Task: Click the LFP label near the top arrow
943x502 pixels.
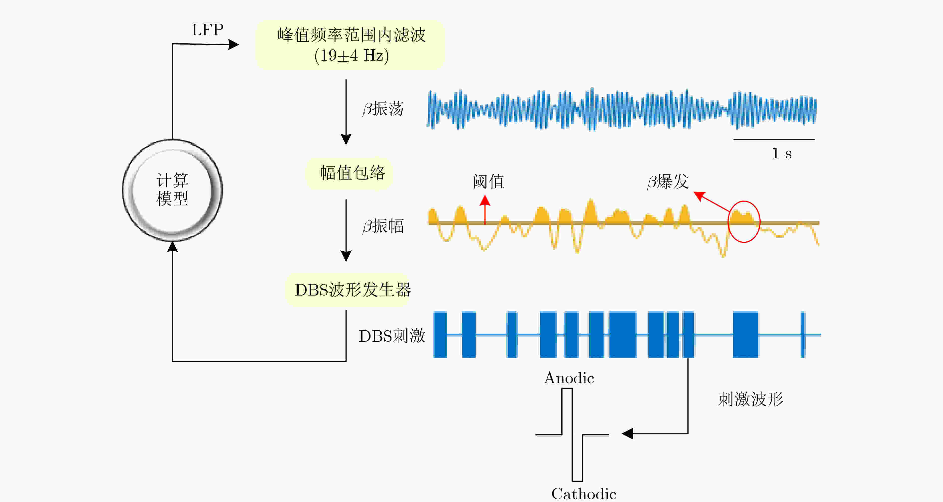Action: click(x=208, y=30)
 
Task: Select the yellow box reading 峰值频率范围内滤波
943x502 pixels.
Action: click(x=350, y=45)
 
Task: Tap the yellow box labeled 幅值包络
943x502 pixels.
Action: click(x=350, y=173)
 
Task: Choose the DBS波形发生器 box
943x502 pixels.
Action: click(x=348, y=290)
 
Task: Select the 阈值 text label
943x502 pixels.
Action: click(x=489, y=182)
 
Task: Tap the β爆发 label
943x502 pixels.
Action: click(x=668, y=182)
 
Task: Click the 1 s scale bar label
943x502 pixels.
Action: click(x=782, y=153)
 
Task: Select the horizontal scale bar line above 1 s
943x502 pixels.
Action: click(x=774, y=139)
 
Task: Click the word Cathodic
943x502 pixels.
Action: click(x=584, y=494)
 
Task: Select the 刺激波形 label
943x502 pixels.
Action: click(x=750, y=399)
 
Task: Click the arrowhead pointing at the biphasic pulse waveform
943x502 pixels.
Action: click(x=627, y=434)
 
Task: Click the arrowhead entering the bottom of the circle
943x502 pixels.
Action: click(x=172, y=247)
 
